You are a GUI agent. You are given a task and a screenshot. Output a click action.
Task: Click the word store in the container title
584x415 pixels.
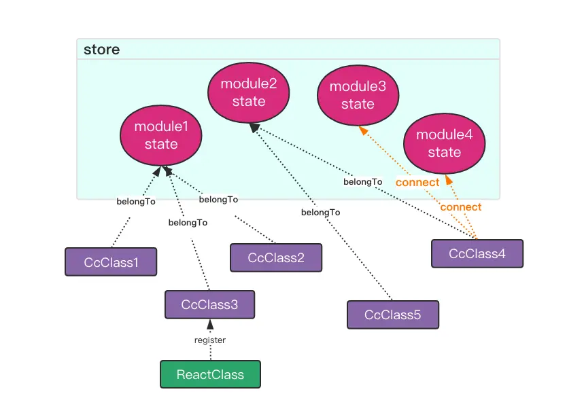click(101, 50)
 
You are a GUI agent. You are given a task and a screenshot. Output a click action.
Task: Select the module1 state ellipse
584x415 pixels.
click(161, 135)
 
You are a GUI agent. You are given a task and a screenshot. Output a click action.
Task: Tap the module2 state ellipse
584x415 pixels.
click(249, 92)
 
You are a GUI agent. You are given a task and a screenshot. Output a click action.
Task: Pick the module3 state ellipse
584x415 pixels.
click(358, 95)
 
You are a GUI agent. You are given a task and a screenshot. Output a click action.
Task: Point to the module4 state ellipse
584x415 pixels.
click(445, 143)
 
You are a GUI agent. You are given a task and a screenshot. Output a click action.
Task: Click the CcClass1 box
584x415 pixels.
click(111, 261)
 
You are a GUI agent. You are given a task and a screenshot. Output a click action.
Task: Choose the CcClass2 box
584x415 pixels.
click(275, 258)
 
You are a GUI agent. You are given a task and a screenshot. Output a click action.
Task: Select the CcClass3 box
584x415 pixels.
click(209, 304)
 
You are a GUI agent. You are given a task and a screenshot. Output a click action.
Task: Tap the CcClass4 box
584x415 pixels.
click(477, 253)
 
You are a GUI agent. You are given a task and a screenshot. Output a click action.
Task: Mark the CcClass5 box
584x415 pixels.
click(393, 315)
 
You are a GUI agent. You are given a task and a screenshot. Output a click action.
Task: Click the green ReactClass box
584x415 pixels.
click(211, 374)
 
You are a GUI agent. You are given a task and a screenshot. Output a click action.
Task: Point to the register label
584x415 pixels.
click(210, 340)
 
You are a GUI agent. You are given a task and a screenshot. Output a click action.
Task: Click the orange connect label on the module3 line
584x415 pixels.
click(417, 183)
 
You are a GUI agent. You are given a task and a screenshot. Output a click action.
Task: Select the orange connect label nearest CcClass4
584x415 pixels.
click(461, 207)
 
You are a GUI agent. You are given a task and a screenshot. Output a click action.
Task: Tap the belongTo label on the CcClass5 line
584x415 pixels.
click(321, 213)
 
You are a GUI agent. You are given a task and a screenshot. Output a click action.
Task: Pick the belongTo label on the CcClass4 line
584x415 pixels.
click(363, 182)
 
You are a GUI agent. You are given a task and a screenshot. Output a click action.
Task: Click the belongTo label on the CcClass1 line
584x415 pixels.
click(137, 202)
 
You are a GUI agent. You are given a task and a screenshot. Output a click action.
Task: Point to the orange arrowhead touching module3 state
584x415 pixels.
click(363, 130)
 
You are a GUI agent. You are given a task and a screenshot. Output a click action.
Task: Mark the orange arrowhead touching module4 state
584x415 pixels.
click(449, 180)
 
